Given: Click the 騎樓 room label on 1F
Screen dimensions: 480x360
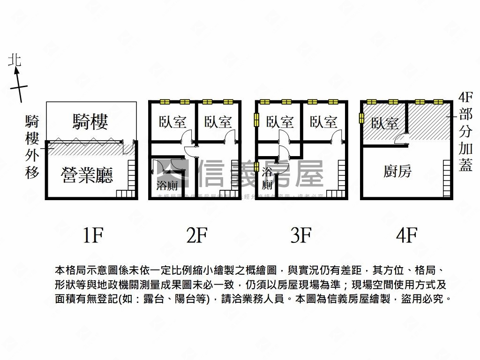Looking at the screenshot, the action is [90, 121].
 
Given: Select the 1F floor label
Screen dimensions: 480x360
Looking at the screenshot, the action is [92, 235].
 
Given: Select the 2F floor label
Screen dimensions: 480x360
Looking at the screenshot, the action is [196, 235].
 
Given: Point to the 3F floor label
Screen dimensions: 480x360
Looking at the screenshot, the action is [300, 235].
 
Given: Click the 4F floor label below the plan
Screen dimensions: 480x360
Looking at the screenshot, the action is [406, 235].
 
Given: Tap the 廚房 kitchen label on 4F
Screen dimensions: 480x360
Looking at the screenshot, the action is [397, 172].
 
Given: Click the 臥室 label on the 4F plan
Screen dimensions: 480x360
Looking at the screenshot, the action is [385, 123].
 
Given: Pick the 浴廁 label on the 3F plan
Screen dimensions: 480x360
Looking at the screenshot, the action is [267, 178].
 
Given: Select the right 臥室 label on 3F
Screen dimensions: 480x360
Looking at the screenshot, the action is [323, 122].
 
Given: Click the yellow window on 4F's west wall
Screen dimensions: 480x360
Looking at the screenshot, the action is [361, 118].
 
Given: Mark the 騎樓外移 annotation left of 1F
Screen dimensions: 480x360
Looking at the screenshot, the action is [32, 147].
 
